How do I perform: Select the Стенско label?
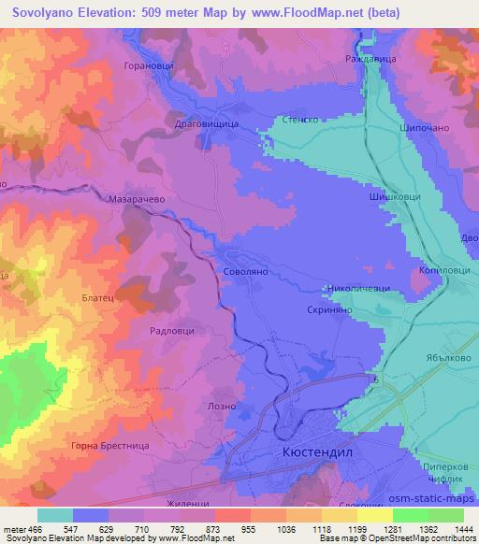click(x=302, y=121)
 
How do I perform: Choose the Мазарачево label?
click(x=138, y=198)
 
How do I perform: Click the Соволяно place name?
click(x=247, y=271)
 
